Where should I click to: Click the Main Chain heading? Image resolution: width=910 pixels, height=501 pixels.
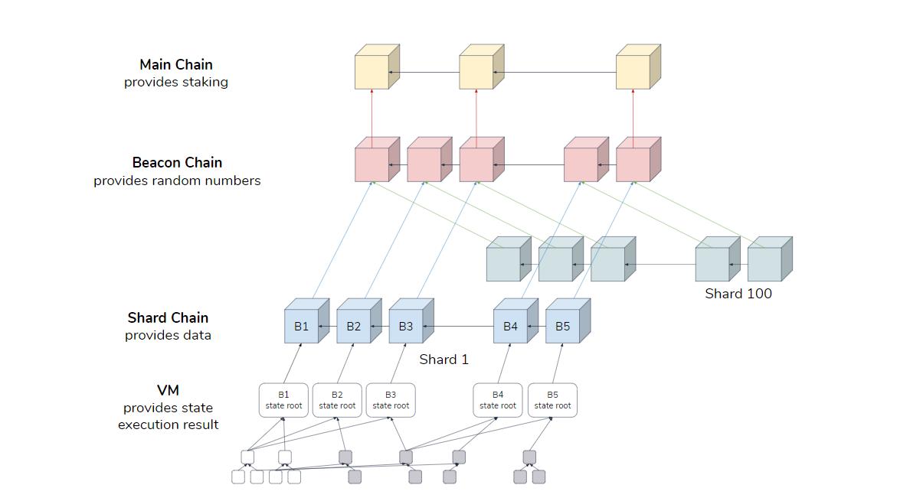[x=176, y=65]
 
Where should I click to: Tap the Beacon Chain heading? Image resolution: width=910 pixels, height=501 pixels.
[x=177, y=163]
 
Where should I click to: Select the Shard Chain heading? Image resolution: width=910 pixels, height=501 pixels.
[x=168, y=318]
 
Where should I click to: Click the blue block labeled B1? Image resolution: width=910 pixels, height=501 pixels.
[x=302, y=327]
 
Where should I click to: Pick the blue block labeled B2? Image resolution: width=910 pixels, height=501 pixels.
[x=354, y=327]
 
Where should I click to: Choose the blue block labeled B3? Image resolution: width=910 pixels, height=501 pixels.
[x=406, y=327]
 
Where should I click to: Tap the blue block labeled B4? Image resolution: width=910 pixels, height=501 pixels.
[x=510, y=327]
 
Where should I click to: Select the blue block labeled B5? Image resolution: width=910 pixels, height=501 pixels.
[x=562, y=327]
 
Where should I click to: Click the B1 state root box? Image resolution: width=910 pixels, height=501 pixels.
[x=283, y=400]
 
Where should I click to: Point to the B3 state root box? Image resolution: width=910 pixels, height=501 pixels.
[x=391, y=400]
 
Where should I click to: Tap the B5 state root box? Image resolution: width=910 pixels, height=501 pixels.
[x=552, y=400]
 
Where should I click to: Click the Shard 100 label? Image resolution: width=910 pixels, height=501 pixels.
[x=738, y=294]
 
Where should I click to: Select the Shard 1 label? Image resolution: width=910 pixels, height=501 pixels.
[x=444, y=359]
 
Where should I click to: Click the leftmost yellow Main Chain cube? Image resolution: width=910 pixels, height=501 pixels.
[x=372, y=72]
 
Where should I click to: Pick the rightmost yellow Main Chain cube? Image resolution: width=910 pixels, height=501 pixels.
[x=633, y=72]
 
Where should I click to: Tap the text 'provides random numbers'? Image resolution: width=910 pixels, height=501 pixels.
[x=177, y=181]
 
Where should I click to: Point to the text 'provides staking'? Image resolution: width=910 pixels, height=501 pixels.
[x=176, y=83]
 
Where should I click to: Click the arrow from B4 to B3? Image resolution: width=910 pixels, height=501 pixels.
[x=458, y=327]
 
